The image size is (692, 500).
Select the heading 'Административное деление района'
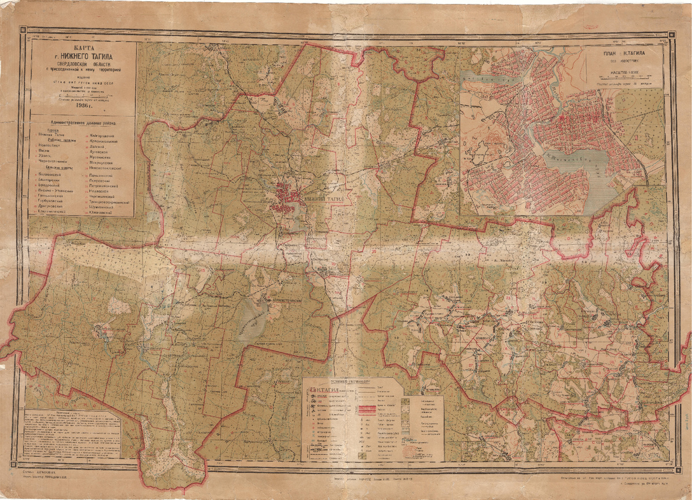point(84,123)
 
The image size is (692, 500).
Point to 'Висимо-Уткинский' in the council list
point(55,190)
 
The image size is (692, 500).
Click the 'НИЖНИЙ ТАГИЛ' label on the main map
point(326,198)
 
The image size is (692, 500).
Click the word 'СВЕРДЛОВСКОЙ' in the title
point(67,65)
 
